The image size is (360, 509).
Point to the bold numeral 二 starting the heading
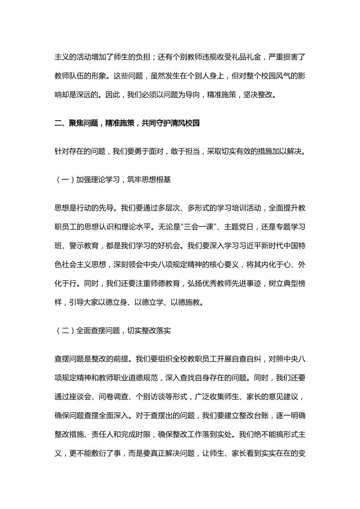(x=57, y=123)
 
